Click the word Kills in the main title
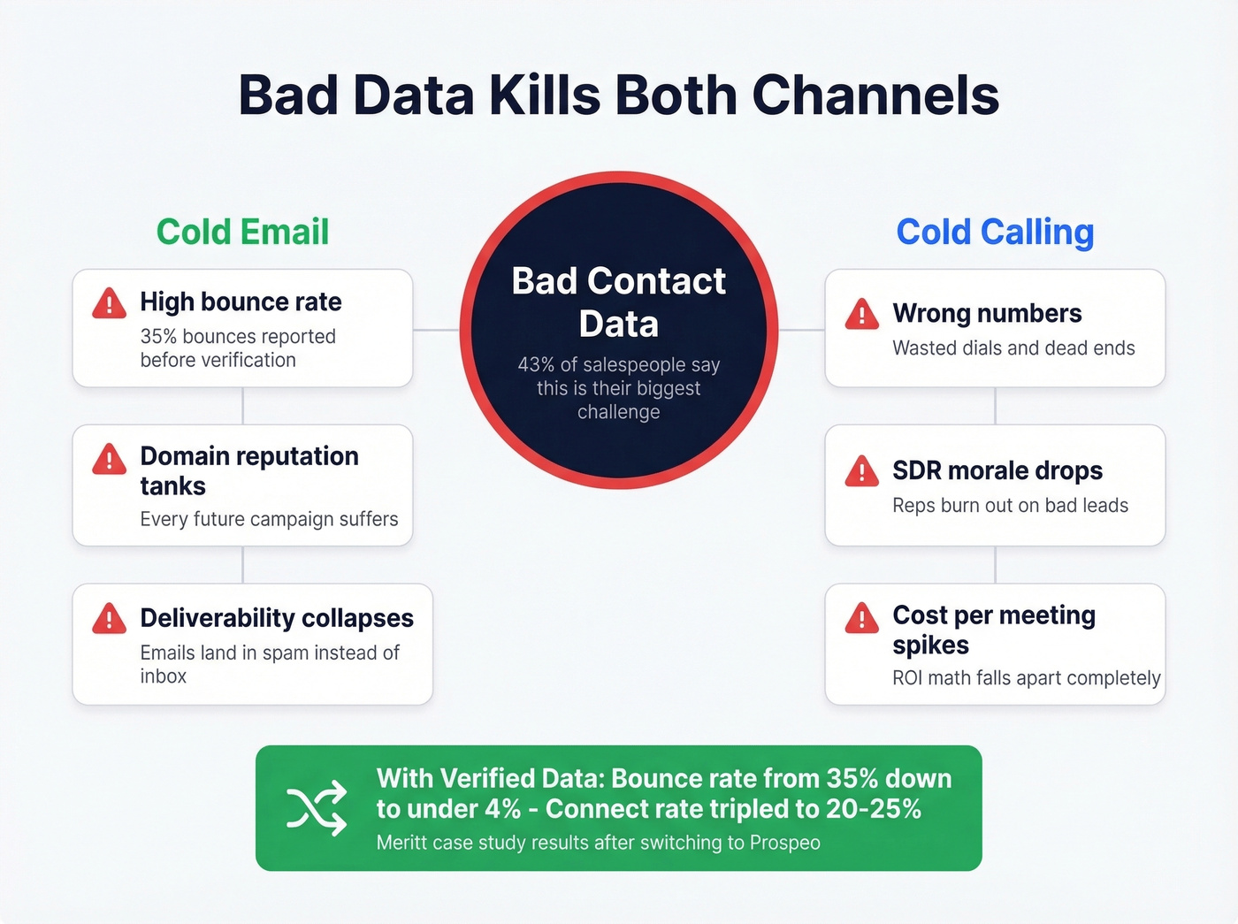(545, 95)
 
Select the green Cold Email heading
(242, 233)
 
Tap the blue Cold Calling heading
(995, 233)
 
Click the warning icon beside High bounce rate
(110, 303)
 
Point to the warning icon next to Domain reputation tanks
(110, 459)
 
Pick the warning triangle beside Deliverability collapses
(110, 618)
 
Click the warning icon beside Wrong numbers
(861, 314)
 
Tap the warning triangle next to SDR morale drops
(861, 471)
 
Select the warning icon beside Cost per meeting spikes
(861, 618)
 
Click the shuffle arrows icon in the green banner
(317, 808)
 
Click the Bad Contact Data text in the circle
(618, 302)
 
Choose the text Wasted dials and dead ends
(1013, 348)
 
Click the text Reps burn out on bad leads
(1010, 506)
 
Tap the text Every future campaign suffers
(269, 519)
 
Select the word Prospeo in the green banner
(784, 843)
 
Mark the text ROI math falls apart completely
(1026, 678)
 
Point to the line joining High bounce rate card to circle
(436, 330)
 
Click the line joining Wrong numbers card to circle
(801, 330)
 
